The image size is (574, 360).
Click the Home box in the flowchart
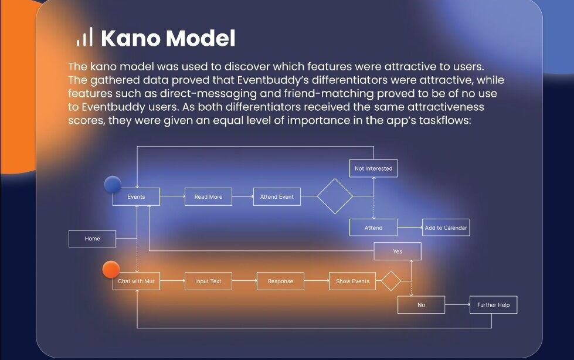(x=92, y=239)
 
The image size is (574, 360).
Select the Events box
(x=136, y=196)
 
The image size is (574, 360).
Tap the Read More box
(x=208, y=196)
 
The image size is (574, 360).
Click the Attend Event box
(x=277, y=196)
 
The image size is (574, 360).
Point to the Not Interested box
(x=373, y=168)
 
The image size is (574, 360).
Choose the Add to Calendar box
(x=446, y=227)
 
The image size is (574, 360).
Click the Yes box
(x=398, y=251)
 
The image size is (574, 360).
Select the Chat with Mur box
(x=136, y=281)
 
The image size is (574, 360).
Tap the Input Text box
(x=208, y=281)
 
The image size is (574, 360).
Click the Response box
(x=280, y=281)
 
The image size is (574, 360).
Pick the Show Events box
(x=352, y=281)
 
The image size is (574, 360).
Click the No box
(x=422, y=305)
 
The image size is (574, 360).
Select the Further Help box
(x=494, y=305)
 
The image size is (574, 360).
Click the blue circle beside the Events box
(x=113, y=185)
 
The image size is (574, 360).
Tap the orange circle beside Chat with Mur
(x=111, y=270)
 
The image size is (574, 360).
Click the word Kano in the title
(x=130, y=38)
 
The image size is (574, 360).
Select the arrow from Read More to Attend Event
(x=243, y=196)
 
